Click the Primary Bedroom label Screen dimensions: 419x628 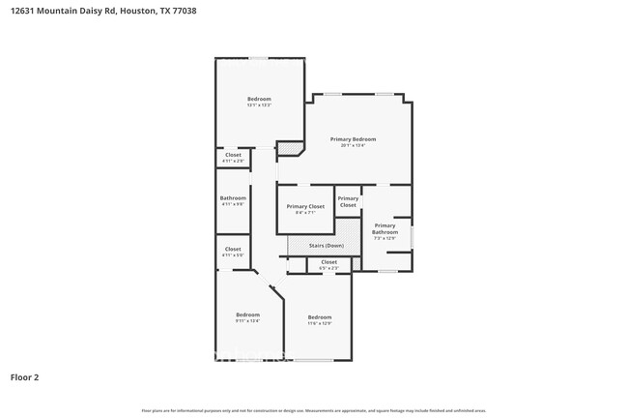(x=353, y=139)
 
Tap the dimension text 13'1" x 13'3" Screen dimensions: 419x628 (x=259, y=105)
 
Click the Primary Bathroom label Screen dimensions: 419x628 (x=385, y=228)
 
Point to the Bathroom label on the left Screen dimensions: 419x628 (x=233, y=198)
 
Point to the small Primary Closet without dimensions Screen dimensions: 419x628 (x=348, y=202)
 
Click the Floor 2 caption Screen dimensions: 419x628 (x=24, y=376)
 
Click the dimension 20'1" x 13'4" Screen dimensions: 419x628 (x=353, y=145)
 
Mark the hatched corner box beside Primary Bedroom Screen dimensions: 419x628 (x=289, y=148)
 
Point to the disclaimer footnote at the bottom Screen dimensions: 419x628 (x=313, y=411)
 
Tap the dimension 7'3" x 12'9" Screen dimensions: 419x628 (x=385, y=238)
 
